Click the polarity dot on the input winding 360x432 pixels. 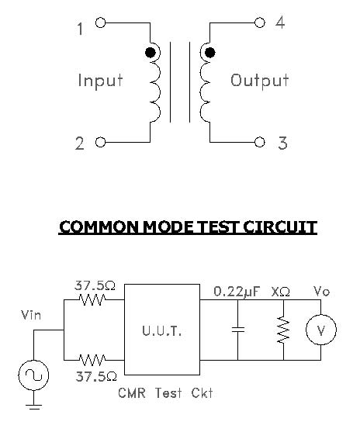tap(151, 52)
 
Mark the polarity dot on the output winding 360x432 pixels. tap(210, 52)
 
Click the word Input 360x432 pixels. tap(100, 81)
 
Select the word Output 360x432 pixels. tap(260, 81)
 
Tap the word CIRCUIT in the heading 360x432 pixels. tap(280, 227)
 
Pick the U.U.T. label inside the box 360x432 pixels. tap(162, 330)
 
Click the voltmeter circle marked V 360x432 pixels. tap(321, 330)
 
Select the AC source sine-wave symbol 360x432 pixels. tap(33, 375)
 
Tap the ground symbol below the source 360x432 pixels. tap(33, 406)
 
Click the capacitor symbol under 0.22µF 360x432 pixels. tap(238, 330)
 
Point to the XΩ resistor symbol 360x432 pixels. tap(283, 330)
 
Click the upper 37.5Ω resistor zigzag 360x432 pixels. tap(92, 299)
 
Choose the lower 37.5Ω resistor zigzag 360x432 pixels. tap(92, 360)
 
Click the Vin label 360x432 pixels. tap(31, 315)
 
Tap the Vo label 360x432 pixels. tap(321, 292)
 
